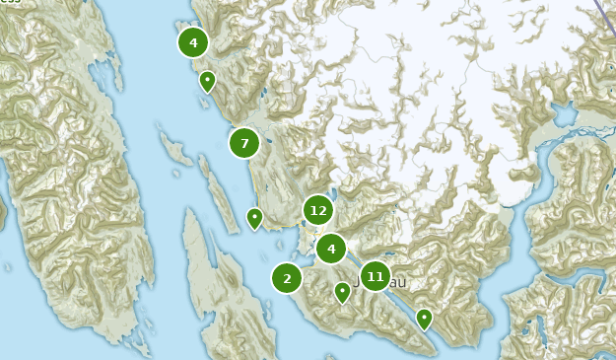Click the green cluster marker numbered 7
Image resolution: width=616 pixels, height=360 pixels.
(x=244, y=143)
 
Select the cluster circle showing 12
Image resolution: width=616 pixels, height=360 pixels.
(x=317, y=210)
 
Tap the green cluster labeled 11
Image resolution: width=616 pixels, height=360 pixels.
(x=375, y=277)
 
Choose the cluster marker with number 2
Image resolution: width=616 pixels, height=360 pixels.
(x=287, y=278)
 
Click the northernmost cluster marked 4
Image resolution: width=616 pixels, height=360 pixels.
(x=193, y=42)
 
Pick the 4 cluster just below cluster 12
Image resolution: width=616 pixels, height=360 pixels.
(x=331, y=249)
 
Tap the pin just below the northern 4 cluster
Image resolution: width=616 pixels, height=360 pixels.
(x=207, y=80)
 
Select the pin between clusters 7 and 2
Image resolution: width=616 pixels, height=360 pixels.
(x=254, y=217)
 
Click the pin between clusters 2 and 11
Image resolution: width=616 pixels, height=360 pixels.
(x=342, y=291)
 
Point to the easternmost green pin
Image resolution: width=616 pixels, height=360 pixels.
(x=424, y=318)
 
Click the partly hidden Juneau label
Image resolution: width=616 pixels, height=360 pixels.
(x=394, y=283)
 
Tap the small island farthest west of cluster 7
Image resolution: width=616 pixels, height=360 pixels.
(x=175, y=150)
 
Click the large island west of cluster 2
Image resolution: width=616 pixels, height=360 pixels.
(x=222, y=286)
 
